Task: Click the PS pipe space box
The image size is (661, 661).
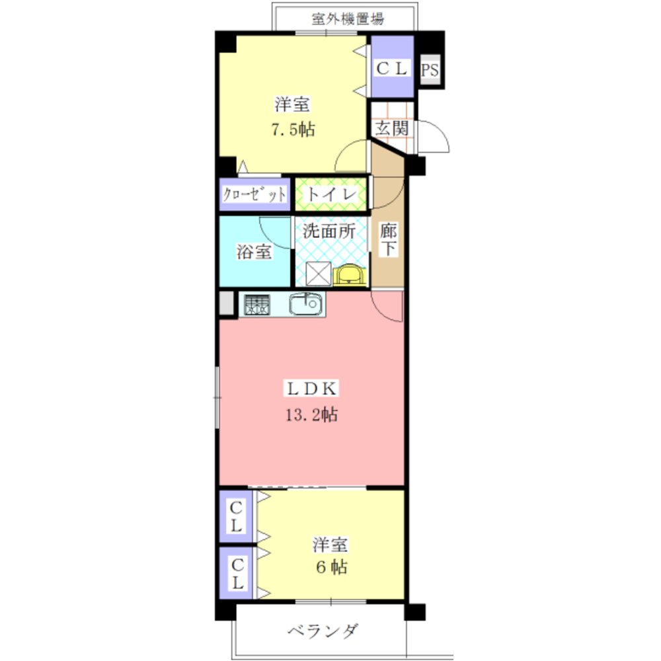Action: tap(430, 70)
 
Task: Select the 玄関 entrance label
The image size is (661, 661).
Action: tap(391, 128)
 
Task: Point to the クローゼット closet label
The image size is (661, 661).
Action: tap(254, 195)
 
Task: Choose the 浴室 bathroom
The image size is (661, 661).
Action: tap(254, 251)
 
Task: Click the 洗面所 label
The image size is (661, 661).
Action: tap(330, 231)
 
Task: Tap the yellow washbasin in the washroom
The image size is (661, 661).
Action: tap(348, 274)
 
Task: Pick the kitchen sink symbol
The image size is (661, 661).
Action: tap(305, 305)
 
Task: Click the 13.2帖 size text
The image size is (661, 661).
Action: tap(312, 415)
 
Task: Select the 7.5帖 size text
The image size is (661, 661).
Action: tap(292, 130)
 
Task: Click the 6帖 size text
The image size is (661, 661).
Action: tap(330, 567)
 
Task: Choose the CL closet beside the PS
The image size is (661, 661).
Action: tap(393, 68)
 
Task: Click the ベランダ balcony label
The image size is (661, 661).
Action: tap(324, 631)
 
